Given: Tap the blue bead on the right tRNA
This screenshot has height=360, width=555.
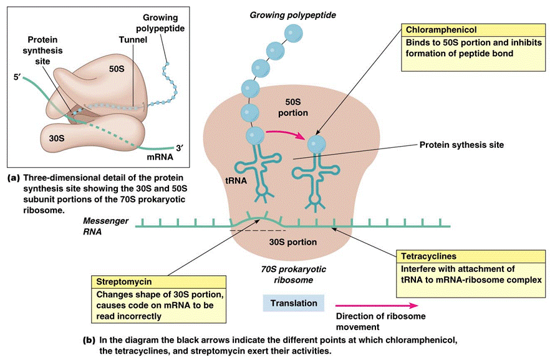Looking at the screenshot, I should [317, 143].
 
